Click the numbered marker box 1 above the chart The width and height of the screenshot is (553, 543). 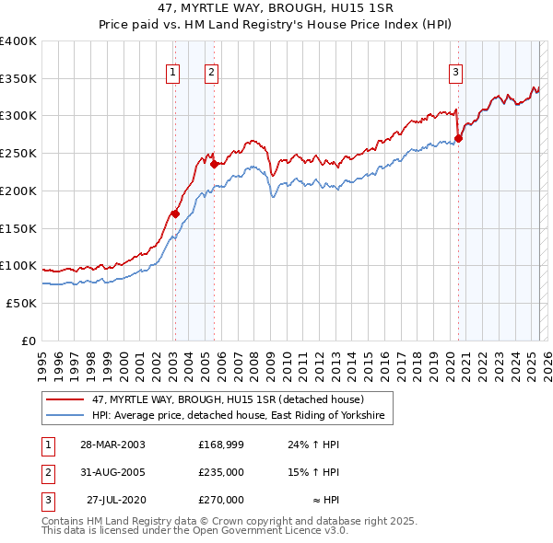(x=173, y=73)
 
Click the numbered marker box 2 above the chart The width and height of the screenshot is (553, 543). (x=211, y=73)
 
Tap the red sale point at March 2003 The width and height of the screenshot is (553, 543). (x=174, y=214)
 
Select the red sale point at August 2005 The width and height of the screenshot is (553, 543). (x=214, y=165)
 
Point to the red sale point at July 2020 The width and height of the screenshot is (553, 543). (x=458, y=139)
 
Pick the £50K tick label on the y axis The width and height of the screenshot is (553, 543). (x=22, y=303)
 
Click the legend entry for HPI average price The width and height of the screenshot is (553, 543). (x=242, y=417)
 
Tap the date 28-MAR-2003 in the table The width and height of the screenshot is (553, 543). (x=113, y=445)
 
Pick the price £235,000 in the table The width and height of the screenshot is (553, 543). (x=221, y=472)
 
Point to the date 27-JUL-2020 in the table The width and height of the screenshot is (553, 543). (x=116, y=500)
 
